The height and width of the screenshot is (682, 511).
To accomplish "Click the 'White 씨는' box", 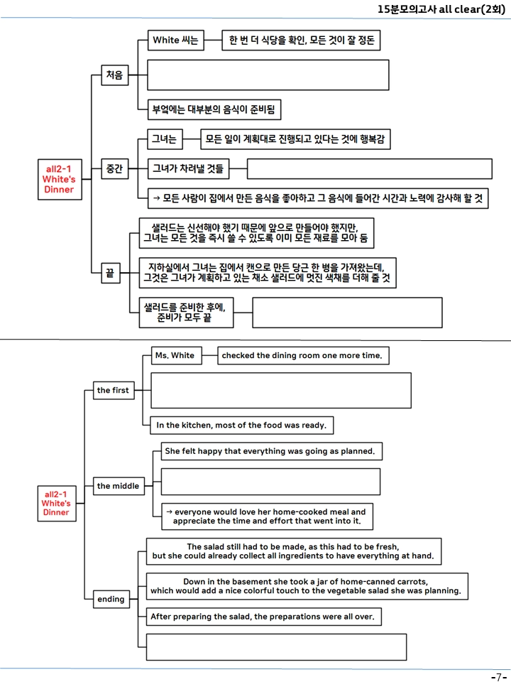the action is [x=175, y=40].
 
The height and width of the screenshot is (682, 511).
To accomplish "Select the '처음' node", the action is [x=115, y=75].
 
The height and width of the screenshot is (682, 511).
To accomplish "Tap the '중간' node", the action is [x=115, y=169].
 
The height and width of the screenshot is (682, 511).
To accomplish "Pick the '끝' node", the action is [x=111, y=273].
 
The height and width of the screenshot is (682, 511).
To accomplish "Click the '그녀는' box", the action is [x=165, y=139].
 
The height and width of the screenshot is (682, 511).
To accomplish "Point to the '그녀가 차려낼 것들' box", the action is [x=188, y=169].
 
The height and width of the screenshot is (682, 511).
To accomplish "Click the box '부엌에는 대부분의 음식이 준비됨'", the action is [x=214, y=109].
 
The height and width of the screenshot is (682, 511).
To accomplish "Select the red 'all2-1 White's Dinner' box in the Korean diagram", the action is [x=60, y=179].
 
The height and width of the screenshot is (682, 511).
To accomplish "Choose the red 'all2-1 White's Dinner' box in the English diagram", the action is [x=57, y=503].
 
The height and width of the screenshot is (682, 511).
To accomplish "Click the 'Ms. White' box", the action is [x=177, y=355].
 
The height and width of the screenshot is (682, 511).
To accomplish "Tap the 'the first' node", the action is [x=114, y=390].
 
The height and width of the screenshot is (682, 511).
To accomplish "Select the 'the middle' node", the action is [x=119, y=486].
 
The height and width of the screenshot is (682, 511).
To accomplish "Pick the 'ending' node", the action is [x=111, y=599].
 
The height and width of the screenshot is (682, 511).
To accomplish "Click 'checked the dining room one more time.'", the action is [x=303, y=355].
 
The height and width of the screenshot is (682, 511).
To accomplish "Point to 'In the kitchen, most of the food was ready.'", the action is [x=241, y=425].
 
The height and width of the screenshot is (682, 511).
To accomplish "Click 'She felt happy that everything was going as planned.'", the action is [x=272, y=451].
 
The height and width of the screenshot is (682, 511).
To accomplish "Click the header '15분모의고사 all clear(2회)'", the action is [x=441, y=9].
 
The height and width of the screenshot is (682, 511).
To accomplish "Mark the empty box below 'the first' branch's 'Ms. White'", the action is [x=281, y=390].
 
